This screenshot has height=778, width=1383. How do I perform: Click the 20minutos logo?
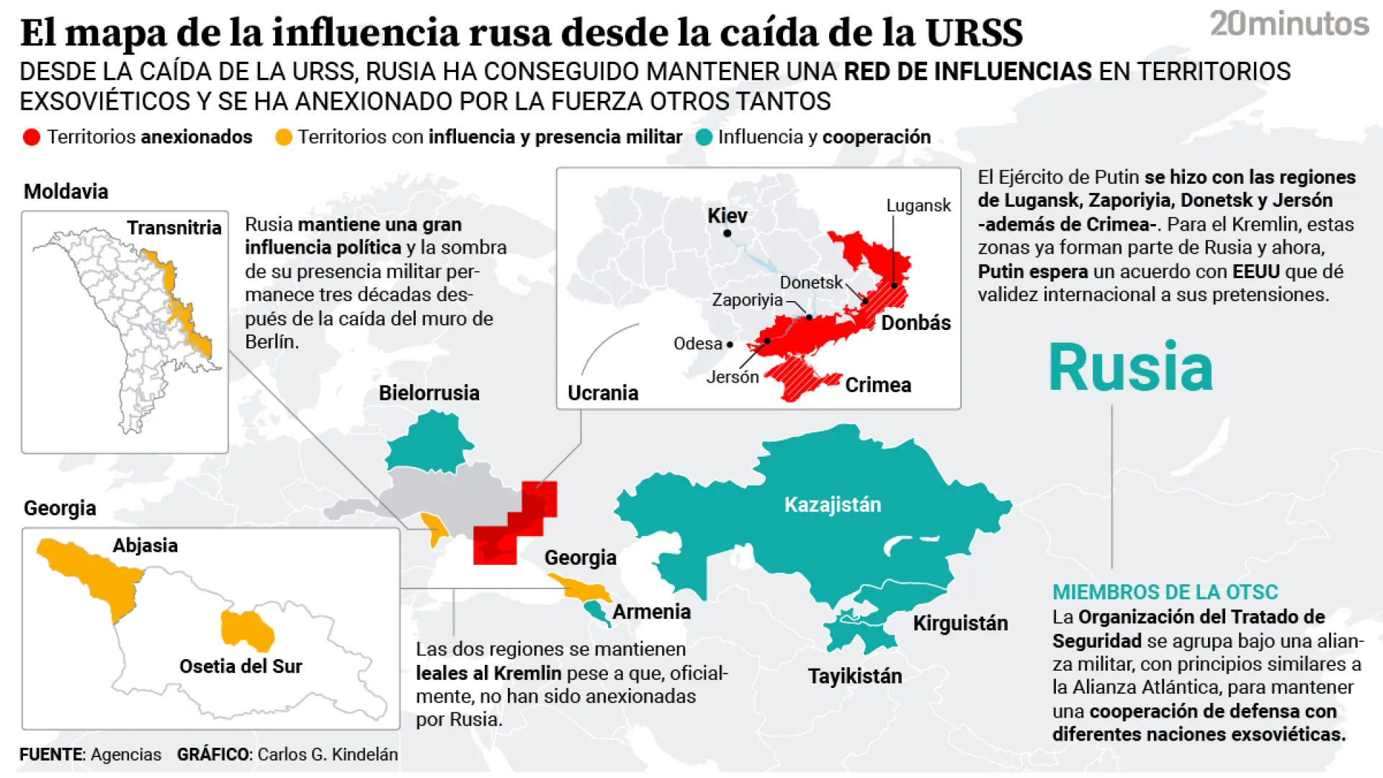point(1289,24)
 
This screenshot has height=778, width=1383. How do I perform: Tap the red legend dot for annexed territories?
point(31,137)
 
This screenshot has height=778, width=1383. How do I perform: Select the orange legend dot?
point(284,137)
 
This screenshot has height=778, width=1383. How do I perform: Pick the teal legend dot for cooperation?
point(704,137)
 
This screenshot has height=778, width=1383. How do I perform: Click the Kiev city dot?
point(728,233)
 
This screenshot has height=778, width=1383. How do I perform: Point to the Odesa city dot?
point(730,344)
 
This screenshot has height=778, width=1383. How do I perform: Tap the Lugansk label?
point(918,205)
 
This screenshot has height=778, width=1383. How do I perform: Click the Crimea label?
point(877,385)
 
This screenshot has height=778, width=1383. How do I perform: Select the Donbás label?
point(916,323)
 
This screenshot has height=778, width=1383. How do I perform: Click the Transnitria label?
point(174,228)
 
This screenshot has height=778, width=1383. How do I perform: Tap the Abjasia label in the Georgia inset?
point(145,545)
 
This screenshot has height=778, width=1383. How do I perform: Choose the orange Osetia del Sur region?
point(246,628)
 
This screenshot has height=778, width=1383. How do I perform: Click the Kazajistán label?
point(832,504)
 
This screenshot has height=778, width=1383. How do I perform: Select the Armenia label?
point(651,612)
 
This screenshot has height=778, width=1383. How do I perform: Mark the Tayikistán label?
point(854,676)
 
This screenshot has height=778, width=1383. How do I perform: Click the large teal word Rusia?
point(1130,367)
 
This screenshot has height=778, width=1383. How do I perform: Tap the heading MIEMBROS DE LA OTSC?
point(1165,592)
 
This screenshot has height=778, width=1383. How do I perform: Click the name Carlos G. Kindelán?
point(327,754)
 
